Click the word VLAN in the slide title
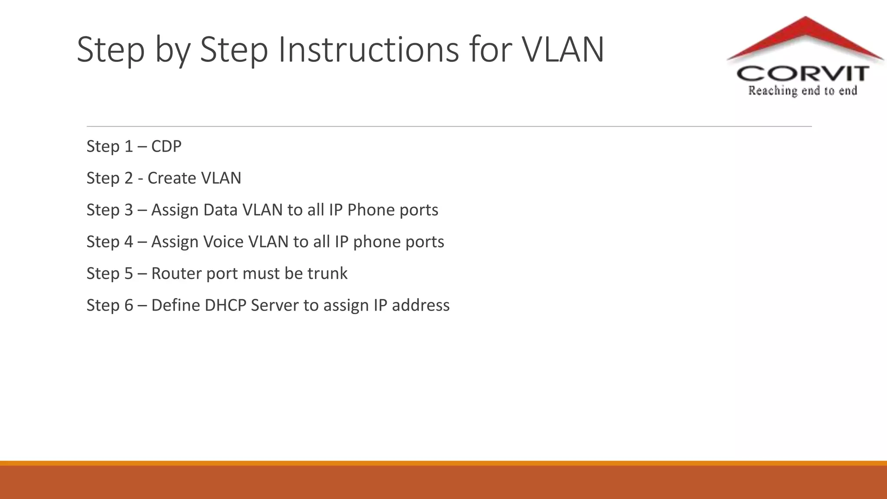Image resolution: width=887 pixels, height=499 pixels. click(x=563, y=50)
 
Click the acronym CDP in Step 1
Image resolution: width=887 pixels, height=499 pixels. click(x=166, y=146)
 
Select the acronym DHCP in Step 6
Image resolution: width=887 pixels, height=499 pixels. click(x=225, y=305)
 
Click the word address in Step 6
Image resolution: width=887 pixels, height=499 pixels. click(x=421, y=305)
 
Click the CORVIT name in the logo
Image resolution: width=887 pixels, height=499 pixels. click(x=803, y=74)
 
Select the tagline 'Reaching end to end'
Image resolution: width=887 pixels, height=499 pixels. click(x=803, y=91)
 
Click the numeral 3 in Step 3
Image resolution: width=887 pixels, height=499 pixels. click(x=129, y=210)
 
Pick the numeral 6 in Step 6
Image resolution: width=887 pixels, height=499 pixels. click(x=129, y=305)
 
